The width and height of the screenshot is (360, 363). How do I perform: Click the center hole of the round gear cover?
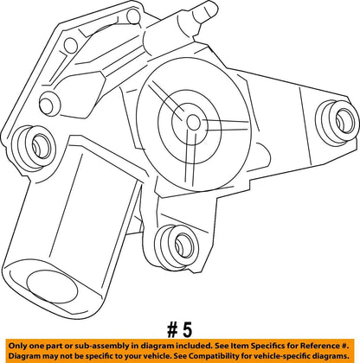pyautogui.click(x=193, y=123)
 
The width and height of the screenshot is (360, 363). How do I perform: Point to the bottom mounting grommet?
pyautogui.click(x=177, y=246)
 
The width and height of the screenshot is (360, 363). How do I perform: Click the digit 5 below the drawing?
pyautogui.click(x=187, y=330)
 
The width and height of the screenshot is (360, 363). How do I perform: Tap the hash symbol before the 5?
pyautogui.click(x=172, y=330)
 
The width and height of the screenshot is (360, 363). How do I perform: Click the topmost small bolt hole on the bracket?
pyautogui.click(x=133, y=16)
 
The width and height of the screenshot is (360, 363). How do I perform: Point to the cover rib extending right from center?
pyautogui.click(x=225, y=125)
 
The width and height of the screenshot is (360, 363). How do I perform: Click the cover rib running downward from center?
pyautogui.click(x=190, y=157)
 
